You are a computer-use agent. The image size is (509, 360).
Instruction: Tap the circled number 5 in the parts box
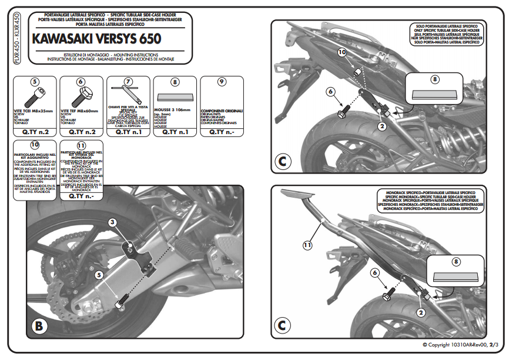35,82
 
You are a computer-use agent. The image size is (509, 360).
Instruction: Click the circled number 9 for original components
221,82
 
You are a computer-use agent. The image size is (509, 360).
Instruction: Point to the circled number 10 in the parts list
35,145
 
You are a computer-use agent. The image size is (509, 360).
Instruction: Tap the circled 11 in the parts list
81,145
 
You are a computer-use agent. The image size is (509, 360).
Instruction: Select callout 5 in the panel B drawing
100,274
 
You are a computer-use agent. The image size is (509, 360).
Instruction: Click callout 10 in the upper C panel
342,53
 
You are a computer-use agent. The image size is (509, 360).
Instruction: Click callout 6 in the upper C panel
330,91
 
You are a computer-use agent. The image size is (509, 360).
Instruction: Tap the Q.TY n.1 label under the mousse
175,132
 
